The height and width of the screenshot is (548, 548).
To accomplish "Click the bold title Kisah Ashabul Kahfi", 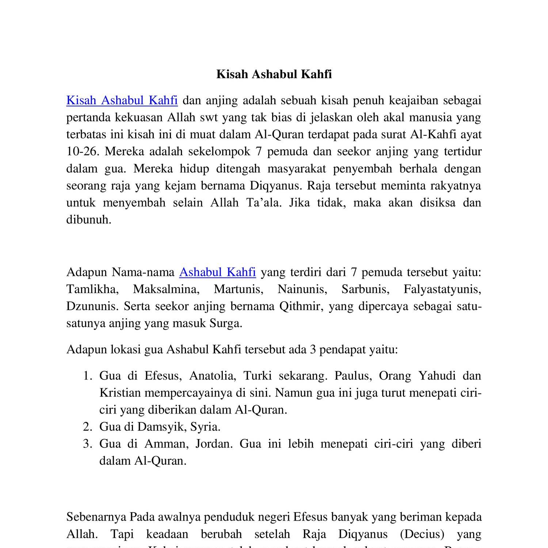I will click(274, 74).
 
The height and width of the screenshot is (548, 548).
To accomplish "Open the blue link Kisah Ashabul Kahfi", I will click(122, 100).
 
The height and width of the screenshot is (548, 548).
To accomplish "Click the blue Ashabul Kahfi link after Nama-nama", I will click(217, 272).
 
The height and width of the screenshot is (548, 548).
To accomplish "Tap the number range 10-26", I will click(83, 151).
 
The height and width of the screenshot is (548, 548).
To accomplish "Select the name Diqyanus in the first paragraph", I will click(276, 186).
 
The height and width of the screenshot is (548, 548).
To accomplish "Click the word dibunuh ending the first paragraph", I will click(89, 219).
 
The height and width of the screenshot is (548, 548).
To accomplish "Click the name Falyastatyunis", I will click(442, 289).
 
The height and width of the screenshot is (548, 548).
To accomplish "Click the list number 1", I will click(87, 376).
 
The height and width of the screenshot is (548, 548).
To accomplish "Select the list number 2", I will click(87, 427).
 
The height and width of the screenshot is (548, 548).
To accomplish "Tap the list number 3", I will click(87, 444).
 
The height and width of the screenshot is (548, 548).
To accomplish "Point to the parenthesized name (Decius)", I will click(422, 534).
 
